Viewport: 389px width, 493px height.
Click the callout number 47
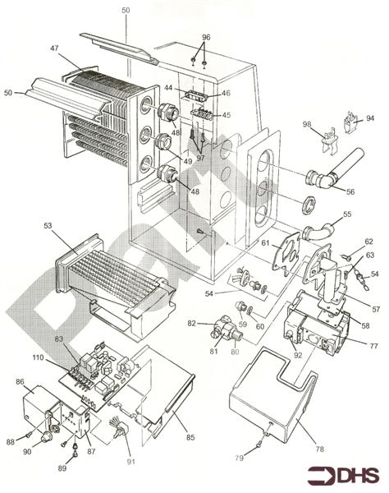54,49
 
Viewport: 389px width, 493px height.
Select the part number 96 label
205,37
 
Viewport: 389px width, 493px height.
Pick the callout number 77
373,346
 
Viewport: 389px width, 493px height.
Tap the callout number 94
369,118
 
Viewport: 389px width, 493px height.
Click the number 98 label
307,124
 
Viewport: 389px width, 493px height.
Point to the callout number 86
21,383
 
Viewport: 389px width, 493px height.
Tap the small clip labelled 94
352,125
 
